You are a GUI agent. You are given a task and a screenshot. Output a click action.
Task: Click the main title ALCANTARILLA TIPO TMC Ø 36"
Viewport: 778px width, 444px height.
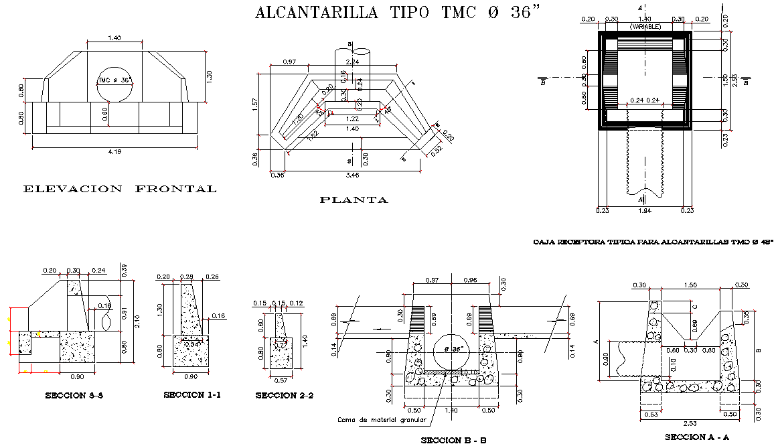coord(397,13)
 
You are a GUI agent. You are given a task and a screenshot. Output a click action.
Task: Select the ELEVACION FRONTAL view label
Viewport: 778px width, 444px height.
coord(120,189)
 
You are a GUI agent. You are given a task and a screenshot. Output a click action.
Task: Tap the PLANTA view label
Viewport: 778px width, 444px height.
coord(354,200)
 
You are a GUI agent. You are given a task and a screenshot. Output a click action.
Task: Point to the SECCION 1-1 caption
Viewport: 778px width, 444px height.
coord(192,395)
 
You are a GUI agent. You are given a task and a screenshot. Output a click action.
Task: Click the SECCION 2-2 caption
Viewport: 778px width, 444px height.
coord(285,396)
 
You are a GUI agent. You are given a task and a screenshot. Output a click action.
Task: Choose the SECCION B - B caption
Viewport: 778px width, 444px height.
coord(453,440)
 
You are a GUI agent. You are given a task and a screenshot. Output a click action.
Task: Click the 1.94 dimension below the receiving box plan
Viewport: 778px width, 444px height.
coord(644,211)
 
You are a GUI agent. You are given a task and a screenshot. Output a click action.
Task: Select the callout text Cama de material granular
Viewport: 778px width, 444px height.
coord(382,420)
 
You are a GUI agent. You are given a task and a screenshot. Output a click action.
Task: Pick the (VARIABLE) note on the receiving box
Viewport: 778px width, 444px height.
coord(645,27)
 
